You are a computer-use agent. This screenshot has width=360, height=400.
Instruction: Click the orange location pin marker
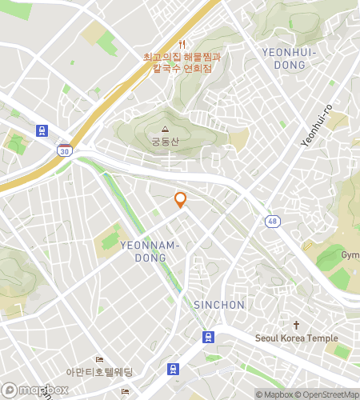(x=181, y=200)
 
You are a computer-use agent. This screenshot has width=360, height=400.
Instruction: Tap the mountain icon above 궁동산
(x=166, y=129)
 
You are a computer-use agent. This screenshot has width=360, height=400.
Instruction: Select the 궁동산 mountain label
(x=166, y=142)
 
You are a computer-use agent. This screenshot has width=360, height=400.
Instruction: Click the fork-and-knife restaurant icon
(x=182, y=44)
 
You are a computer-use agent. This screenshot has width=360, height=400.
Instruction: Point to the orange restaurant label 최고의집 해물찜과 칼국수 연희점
(x=182, y=62)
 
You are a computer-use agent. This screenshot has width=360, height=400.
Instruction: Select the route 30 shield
(x=64, y=150)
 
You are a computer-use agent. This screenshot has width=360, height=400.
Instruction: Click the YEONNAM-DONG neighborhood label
(x=150, y=250)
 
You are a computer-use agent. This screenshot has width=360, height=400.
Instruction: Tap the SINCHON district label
(x=219, y=305)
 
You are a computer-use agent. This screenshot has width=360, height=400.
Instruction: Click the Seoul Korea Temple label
(x=297, y=338)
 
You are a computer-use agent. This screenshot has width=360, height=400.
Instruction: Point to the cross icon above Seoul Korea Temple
(x=296, y=326)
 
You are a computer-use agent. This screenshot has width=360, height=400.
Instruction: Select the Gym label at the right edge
(x=350, y=255)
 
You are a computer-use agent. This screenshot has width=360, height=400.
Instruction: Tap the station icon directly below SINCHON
(x=208, y=337)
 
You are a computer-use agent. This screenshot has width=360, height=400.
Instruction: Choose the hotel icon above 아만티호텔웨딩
(x=99, y=359)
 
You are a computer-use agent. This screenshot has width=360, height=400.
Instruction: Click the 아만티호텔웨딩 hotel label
(x=99, y=372)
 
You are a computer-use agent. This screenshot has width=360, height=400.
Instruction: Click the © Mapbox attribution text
(x=275, y=394)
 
